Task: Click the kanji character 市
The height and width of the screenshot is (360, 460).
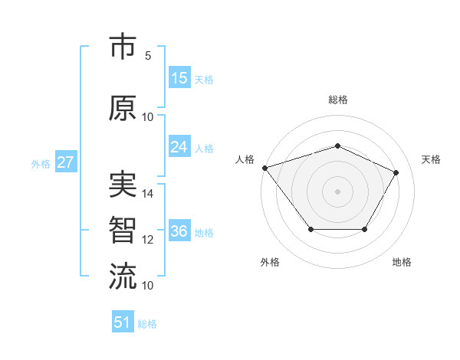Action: coord(123,48)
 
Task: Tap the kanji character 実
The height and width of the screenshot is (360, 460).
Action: coord(123,186)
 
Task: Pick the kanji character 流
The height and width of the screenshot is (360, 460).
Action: coord(123,277)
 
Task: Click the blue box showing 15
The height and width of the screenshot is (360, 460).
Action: coord(179,78)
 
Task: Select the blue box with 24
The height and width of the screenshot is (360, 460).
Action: coord(179,147)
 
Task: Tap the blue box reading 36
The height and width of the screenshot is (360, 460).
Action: coord(179,231)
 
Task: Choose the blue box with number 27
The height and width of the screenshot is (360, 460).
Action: coord(66,162)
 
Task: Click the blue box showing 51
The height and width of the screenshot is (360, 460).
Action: coord(123,322)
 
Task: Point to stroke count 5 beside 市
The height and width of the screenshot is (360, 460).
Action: coord(148,56)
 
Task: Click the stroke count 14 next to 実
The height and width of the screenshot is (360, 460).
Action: coord(148,194)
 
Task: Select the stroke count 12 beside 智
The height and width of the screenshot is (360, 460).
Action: coord(148,240)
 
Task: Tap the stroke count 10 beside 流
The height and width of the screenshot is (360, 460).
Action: coord(148,285)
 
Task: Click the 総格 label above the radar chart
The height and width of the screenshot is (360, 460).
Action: coord(337,100)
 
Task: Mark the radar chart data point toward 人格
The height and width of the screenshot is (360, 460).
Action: coord(264,168)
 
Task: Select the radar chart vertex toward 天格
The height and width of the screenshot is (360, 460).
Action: coord(396,172)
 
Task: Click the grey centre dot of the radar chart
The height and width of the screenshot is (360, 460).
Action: coord(337,191)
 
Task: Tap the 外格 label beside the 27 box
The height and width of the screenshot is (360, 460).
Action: coord(40,163)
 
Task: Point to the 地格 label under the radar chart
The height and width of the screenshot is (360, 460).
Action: coord(402,263)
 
